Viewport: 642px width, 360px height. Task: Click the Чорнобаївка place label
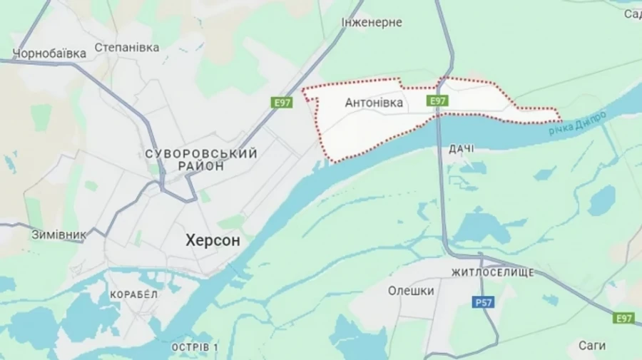[x=50, y=53]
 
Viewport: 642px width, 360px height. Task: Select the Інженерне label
[x=372, y=23]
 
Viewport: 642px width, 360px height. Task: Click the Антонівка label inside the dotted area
[x=374, y=103]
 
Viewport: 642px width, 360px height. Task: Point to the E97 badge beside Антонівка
[x=438, y=102]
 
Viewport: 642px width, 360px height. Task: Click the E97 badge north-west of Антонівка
[x=282, y=103]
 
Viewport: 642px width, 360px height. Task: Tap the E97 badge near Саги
[x=623, y=318]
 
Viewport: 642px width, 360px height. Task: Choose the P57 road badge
[x=484, y=303]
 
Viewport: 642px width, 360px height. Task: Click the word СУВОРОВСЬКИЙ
[x=200, y=153]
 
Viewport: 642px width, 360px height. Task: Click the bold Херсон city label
[x=213, y=241]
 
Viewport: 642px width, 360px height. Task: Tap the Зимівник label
[x=58, y=234]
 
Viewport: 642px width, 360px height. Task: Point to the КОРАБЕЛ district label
[x=133, y=294]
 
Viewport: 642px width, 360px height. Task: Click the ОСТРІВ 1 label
[x=195, y=347]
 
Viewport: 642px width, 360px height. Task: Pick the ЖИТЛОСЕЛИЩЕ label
[x=492, y=273]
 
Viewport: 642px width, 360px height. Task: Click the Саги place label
[x=592, y=346]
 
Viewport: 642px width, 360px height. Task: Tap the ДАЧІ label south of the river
[x=462, y=149]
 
